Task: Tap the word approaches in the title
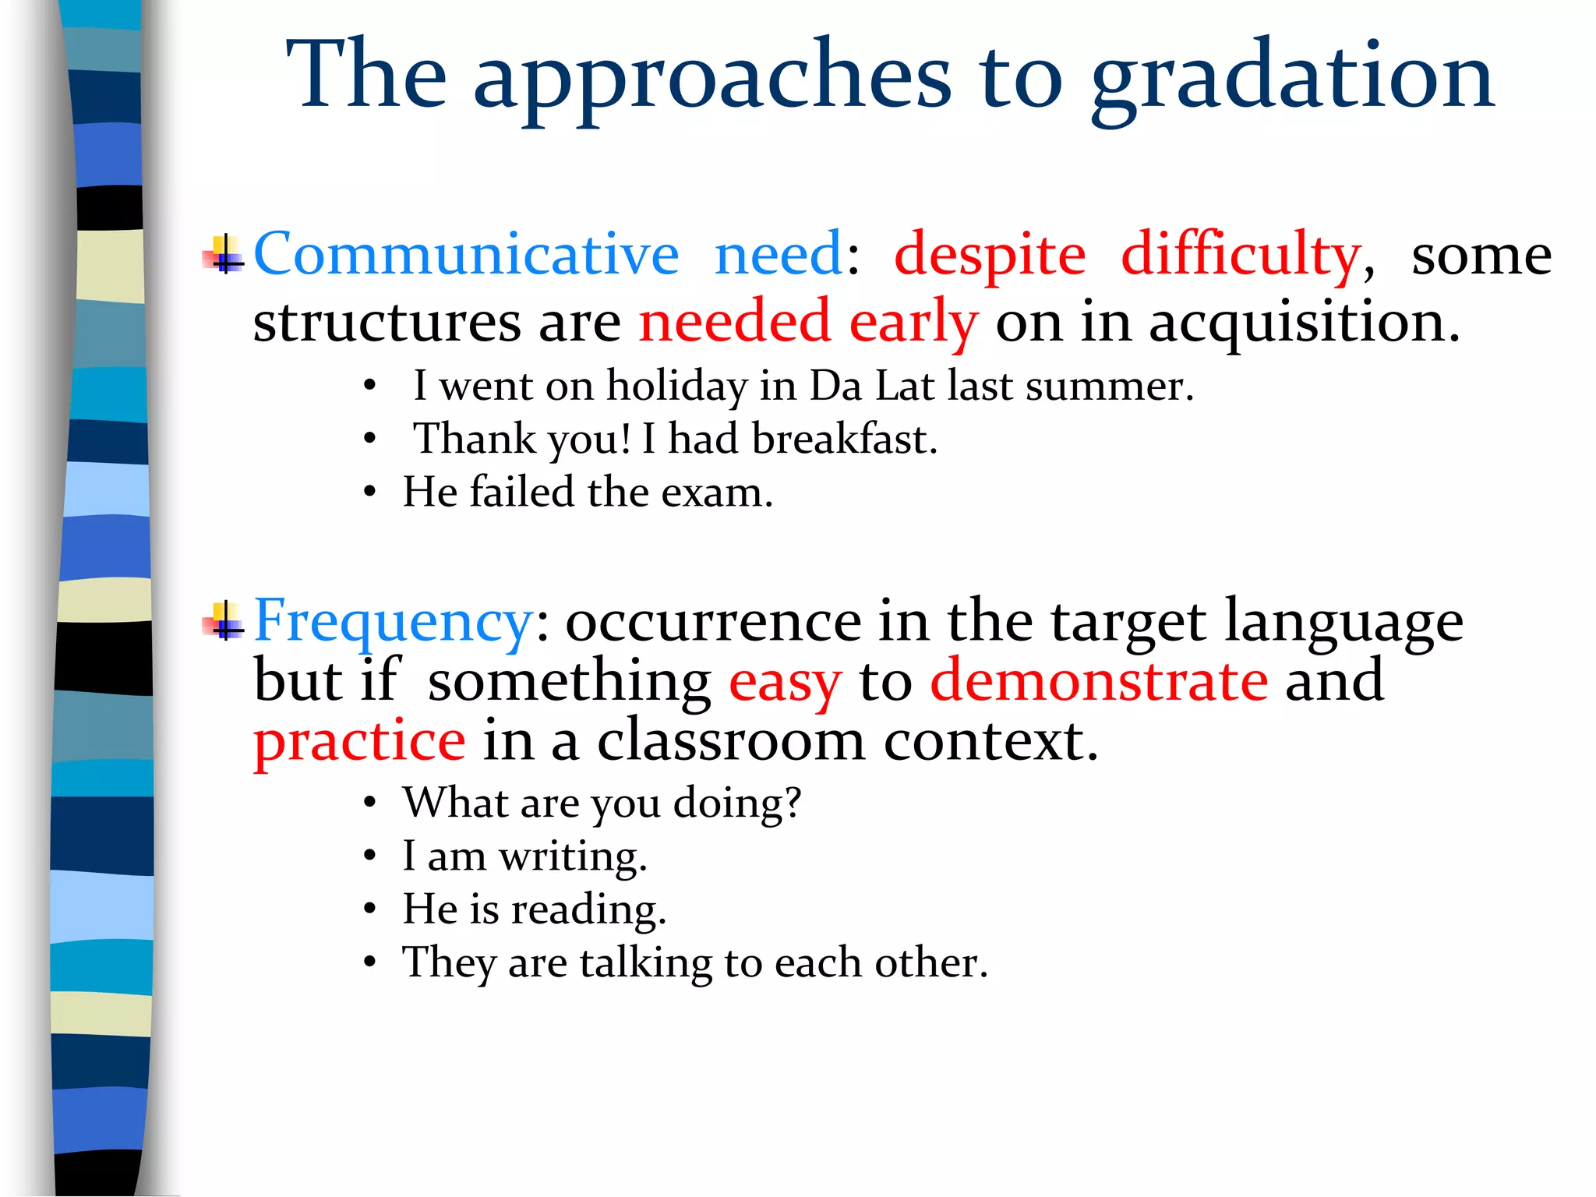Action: tap(712, 78)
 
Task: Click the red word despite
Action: tap(990, 256)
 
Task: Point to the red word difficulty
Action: tap(1241, 256)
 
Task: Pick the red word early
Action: tap(913, 323)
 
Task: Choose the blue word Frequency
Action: tap(393, 622)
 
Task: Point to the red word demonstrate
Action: tap(1099, 680)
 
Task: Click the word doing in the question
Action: tap(736, 803)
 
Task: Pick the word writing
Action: tap(573, 856)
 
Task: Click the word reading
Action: tap(588, 909)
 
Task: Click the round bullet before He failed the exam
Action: tap(370, 493)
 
